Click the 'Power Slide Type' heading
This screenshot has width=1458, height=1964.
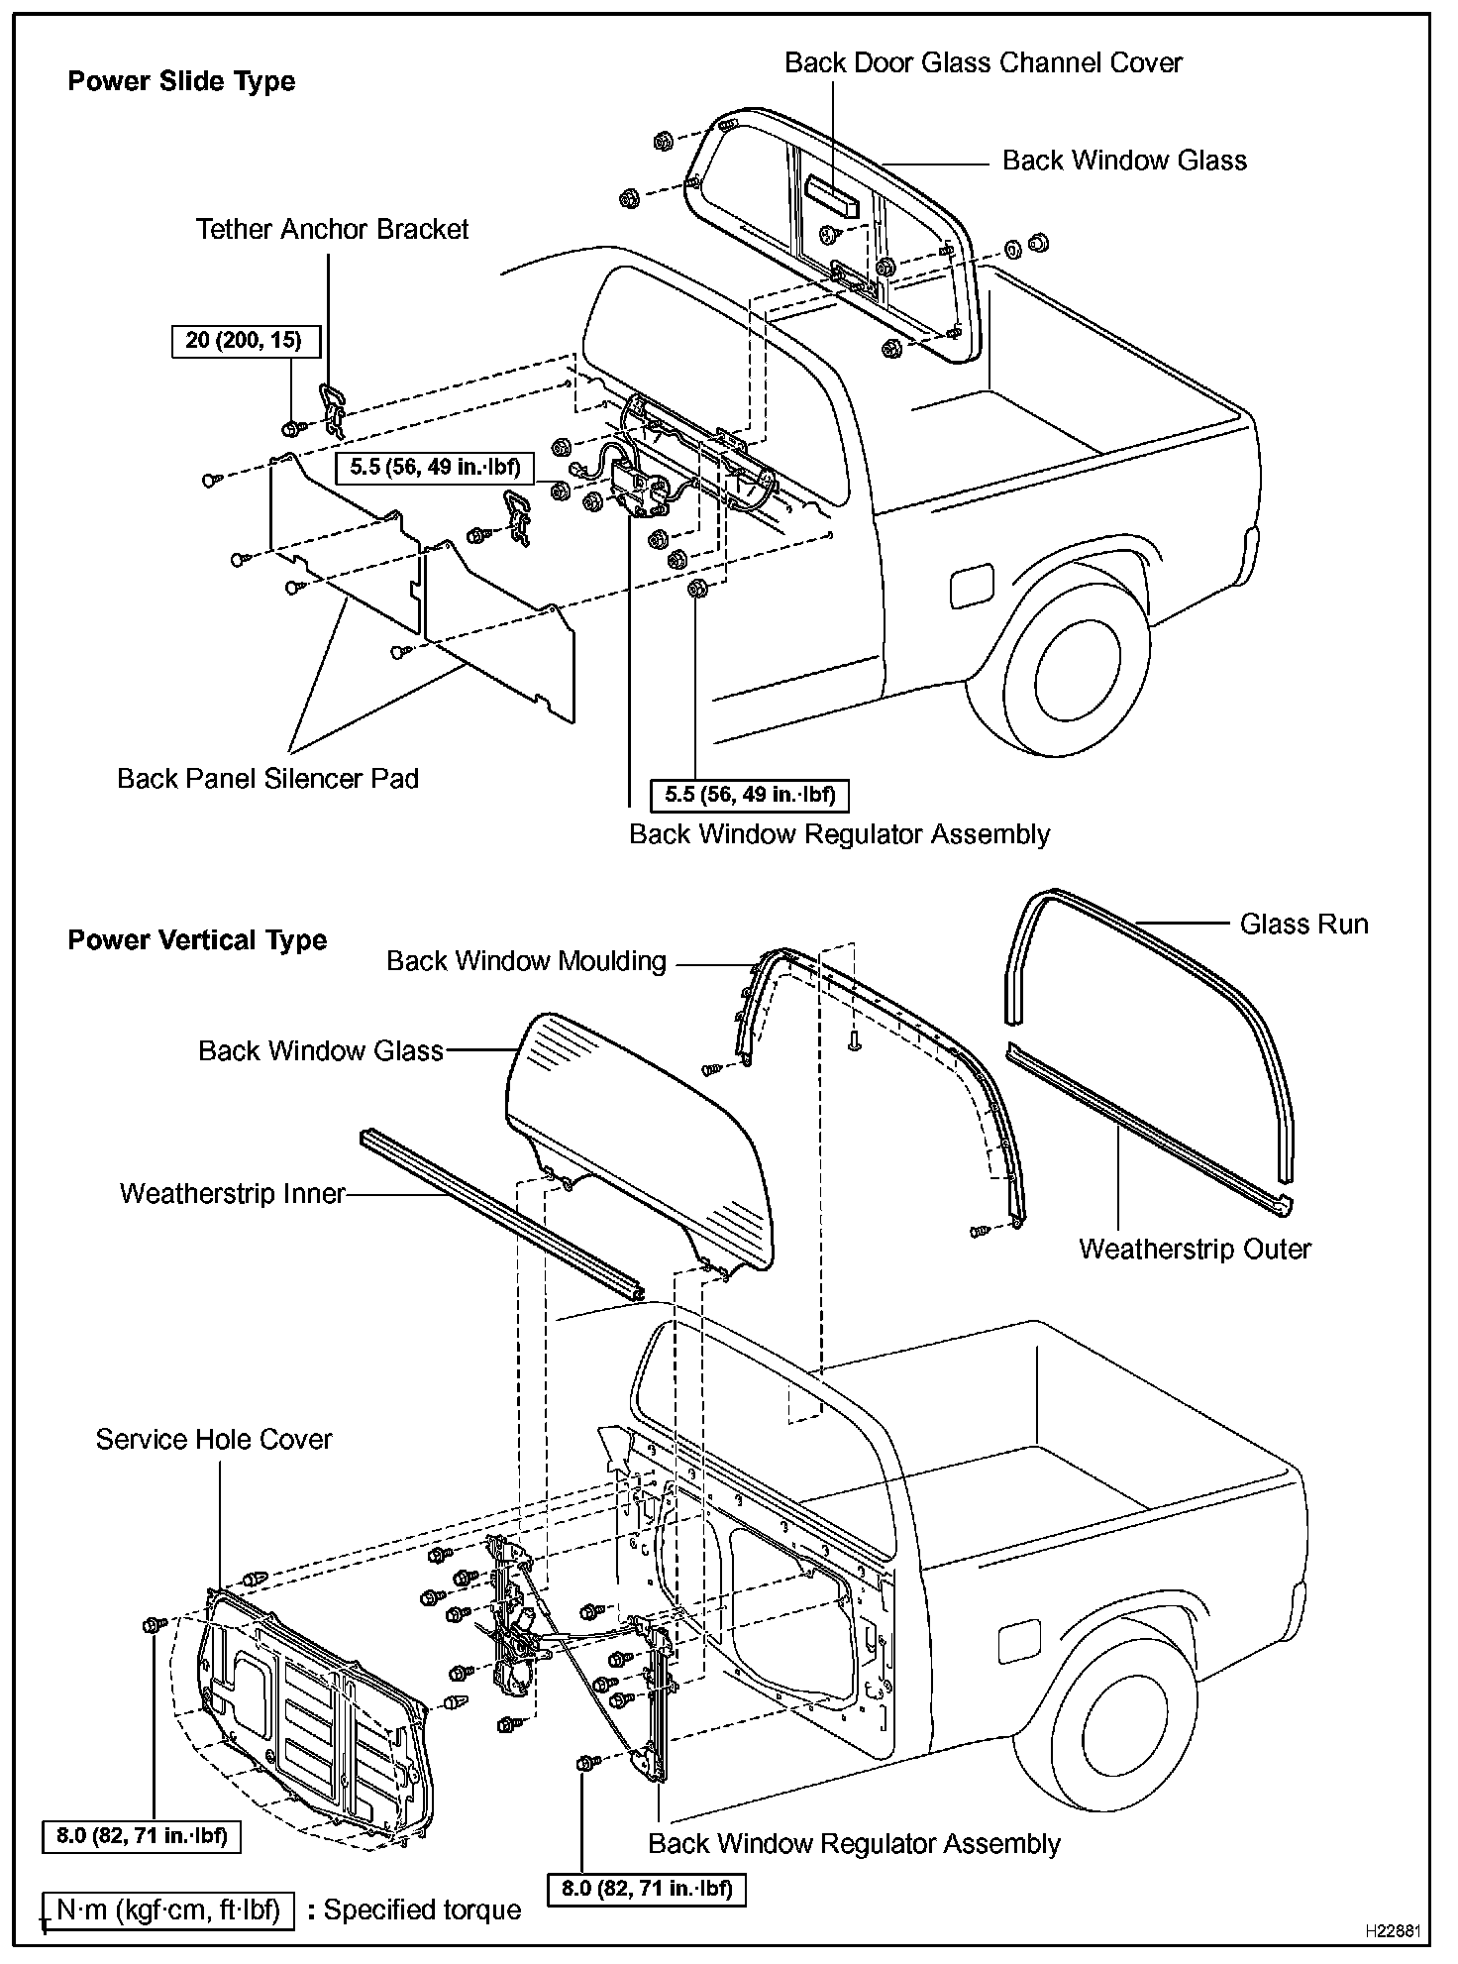coord(181,81)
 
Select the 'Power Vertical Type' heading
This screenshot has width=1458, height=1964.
coord(197,940)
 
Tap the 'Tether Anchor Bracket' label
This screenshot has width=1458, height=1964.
coord(332,230)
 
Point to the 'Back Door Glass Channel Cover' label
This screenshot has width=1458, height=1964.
coord(983,63)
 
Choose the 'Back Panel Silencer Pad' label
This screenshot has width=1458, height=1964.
coord(267,779)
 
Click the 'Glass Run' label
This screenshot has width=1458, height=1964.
coord(1303,925)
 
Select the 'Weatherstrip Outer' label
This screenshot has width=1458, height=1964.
coord(1195,1250)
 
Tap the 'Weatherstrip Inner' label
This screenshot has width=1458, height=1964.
coord(233,1193)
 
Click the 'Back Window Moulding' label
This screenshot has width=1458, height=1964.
coord(526,961)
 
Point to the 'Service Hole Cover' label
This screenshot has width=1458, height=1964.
coord(214,1440)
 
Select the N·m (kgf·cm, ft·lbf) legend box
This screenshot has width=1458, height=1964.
coord(168,1909)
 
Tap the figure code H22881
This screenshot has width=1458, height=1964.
coord(1394,1931)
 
